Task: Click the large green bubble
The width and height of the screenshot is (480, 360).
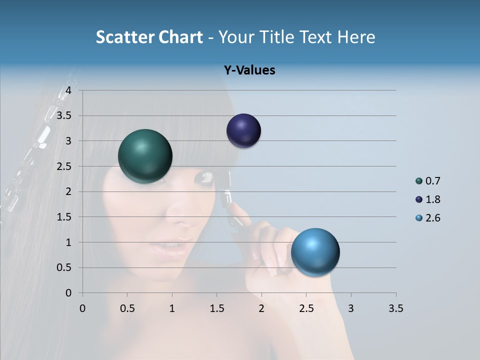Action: tap(145, 156)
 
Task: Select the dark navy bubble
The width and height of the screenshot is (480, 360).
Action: tap(243, 131)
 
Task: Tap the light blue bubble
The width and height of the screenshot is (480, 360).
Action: tap(315, 252)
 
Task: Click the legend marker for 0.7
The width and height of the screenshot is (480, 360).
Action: tap(419, 181)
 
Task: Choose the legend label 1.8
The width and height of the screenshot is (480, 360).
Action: tap(432, 199)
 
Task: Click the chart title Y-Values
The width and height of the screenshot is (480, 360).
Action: tap(249, 70)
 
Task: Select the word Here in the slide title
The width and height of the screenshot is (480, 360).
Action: tap(355, 37)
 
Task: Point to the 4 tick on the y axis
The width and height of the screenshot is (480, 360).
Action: tap(68, 90)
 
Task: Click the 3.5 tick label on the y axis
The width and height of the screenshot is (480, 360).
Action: tap(64, 116)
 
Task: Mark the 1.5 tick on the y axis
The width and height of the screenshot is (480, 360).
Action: tap(64, 217)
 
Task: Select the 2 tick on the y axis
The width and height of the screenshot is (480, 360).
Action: tap(68, 191)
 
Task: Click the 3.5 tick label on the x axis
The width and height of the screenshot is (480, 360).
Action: tap(395, 308)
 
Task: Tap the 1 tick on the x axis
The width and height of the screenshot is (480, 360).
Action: tap(172, 308)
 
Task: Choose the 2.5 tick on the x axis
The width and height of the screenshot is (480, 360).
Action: tap(306, 308)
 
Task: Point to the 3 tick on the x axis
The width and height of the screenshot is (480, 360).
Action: tap(351, 308)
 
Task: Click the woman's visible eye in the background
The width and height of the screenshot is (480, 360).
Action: tap(205, 177)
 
